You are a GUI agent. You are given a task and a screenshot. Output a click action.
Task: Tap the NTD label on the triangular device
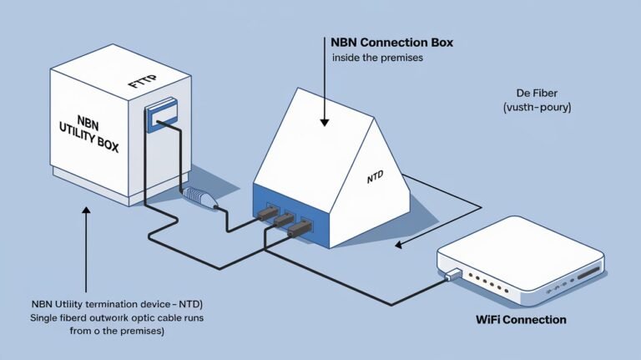click(x=378, y=178)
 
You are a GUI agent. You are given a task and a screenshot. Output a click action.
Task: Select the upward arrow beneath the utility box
click(x=86, y=213)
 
